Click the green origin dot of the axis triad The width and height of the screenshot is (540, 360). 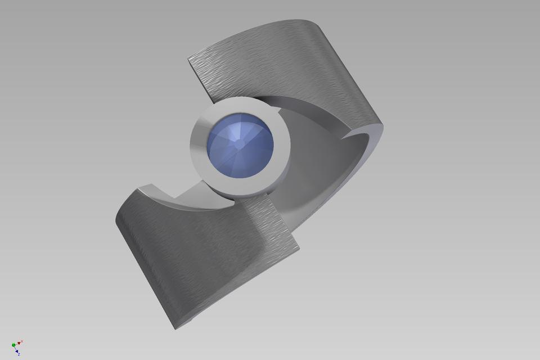[13, 345]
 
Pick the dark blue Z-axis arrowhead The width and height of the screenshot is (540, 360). [17, 351]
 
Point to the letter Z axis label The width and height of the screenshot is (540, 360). [19, 354]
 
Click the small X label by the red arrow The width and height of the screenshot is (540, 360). [21, 341]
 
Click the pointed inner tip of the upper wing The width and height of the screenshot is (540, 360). [347, 136]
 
